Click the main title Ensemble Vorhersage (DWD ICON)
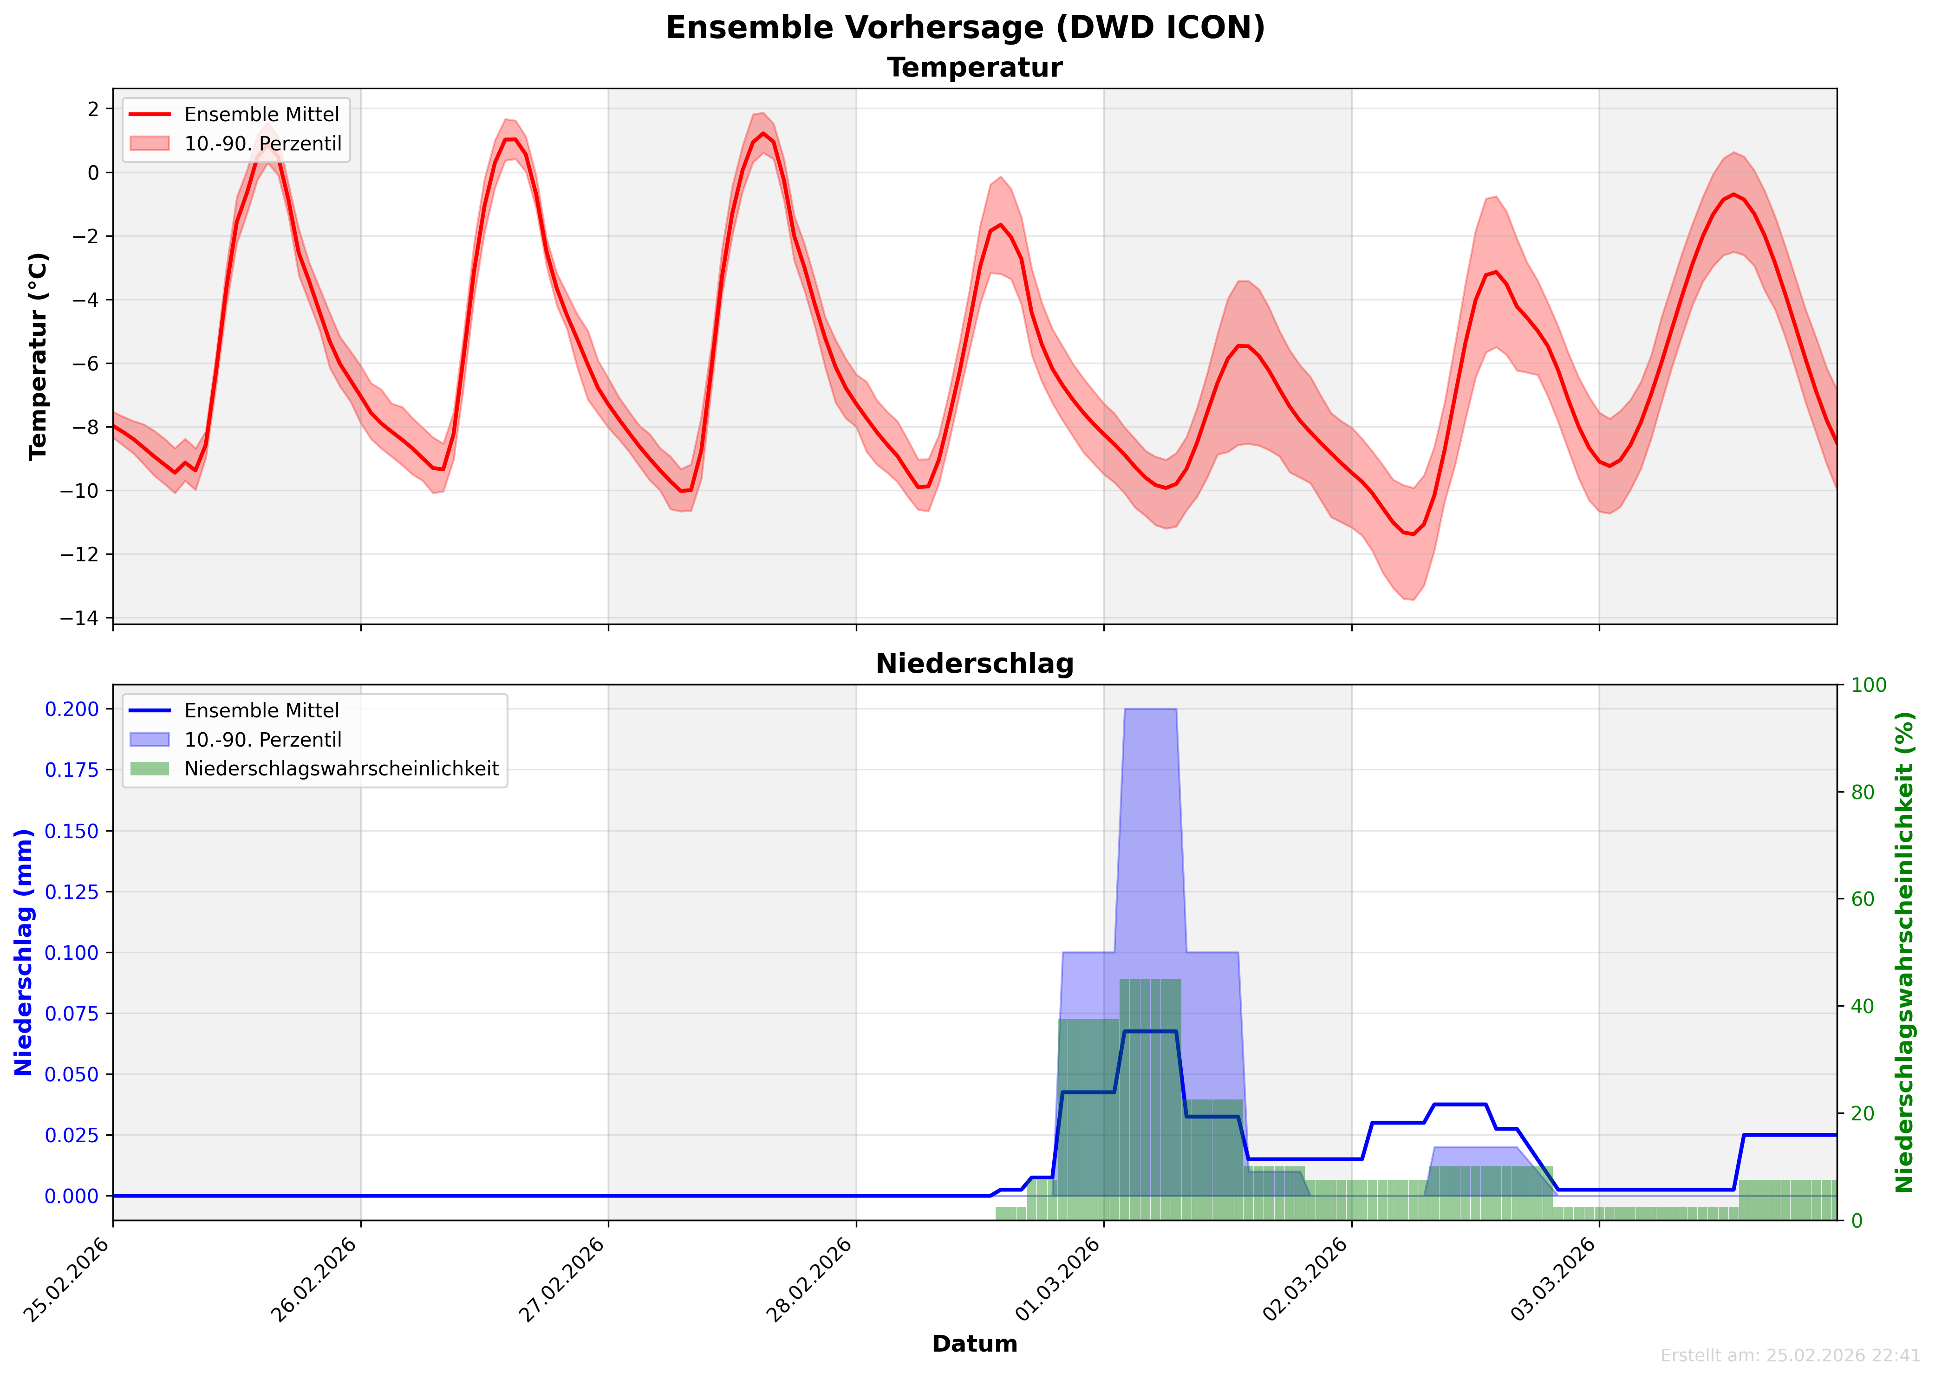tap(965, 28)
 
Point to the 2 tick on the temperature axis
tap(93, 109)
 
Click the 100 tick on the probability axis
tap(1869, 685)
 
